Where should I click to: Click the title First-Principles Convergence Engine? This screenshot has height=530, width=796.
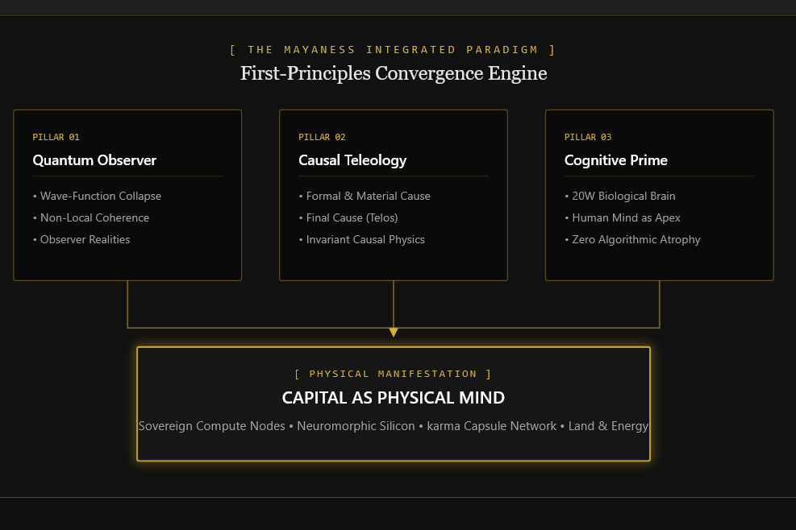[394, 73]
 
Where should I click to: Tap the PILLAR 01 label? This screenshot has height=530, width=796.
[56, 137]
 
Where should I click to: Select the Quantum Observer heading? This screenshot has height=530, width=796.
[94, 160]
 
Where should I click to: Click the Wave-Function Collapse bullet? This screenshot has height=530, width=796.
[97, 196]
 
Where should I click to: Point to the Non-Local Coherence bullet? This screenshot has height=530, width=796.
[91, 217]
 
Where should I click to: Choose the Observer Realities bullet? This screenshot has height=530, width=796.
[81, 239]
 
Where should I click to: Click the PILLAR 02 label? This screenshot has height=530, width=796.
[322, 137]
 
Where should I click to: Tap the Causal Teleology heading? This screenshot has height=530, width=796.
[352, 160]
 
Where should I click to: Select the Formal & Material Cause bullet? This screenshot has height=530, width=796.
[365, 196]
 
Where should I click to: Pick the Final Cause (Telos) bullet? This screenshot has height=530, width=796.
[348, 217]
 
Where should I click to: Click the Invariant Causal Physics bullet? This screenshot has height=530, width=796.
[361, 239]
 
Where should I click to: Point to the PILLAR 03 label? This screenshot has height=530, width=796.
[588, 137]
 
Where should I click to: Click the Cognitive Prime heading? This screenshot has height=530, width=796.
[616, 160]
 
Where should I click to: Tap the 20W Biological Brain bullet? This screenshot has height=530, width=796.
[620, 196]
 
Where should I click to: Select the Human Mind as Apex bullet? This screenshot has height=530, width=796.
[623, 217]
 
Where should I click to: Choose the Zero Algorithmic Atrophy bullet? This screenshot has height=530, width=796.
[632, 239]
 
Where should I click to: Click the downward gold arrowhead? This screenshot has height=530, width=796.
[394, 332]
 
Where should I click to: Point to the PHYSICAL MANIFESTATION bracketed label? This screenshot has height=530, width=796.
[394, 374]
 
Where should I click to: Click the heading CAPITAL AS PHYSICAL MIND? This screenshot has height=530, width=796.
[394, 398]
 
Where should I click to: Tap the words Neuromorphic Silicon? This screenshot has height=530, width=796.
[356, 426]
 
